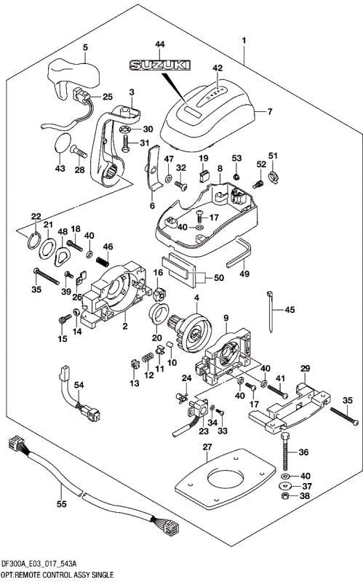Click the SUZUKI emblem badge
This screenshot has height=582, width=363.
click(x=159, y=66)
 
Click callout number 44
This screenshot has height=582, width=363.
click(x=159, y=46)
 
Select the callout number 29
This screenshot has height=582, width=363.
click(x=305, y=369)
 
